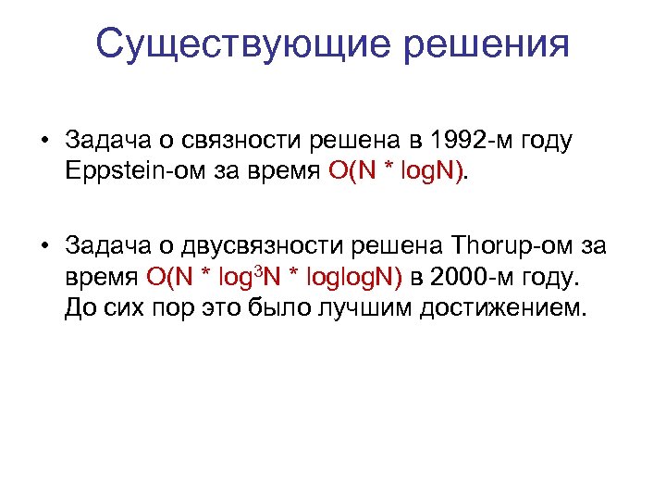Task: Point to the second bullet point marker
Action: pos(43,245)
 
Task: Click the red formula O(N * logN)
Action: pos(399,171)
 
